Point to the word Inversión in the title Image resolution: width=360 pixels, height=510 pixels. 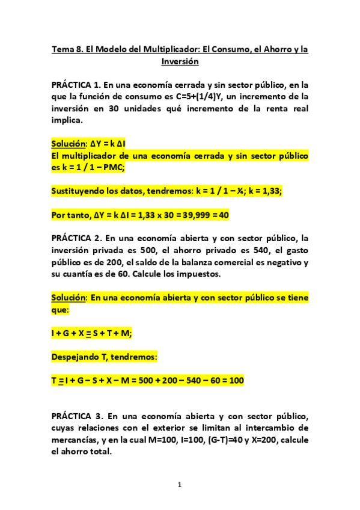pos(180,61)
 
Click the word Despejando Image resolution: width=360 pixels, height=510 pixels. pos(78,357)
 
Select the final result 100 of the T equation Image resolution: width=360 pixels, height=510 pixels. pos(236,381)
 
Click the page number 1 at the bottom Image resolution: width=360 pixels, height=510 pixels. pos(180,485)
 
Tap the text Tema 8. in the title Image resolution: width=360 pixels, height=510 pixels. pos(68,49)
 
